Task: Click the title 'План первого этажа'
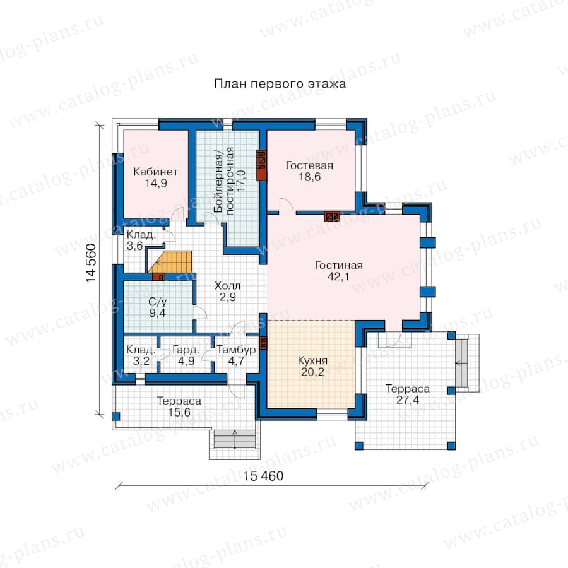click(280, 84)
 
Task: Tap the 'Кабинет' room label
click(155, 171)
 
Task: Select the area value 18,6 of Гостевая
click(309, 177)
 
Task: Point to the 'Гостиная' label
click(339, 265)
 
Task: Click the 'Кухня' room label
click(312, 360)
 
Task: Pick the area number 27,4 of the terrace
click(408, 399)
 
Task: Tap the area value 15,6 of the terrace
click(179, 412)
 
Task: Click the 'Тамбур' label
click(236, 350)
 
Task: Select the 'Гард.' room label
click(186, 350)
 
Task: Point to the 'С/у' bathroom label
click(158, 302)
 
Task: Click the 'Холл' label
click(227, 285)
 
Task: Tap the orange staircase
click(170, 262)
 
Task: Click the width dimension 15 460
click(263, 476)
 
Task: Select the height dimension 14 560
click(91, 263)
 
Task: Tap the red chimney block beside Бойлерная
click(261, 165)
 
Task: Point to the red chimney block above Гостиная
click(331, 216)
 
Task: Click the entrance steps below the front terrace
click(235, 440)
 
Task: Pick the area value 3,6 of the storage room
click(134, 246)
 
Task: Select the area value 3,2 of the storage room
click(141, 361)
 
